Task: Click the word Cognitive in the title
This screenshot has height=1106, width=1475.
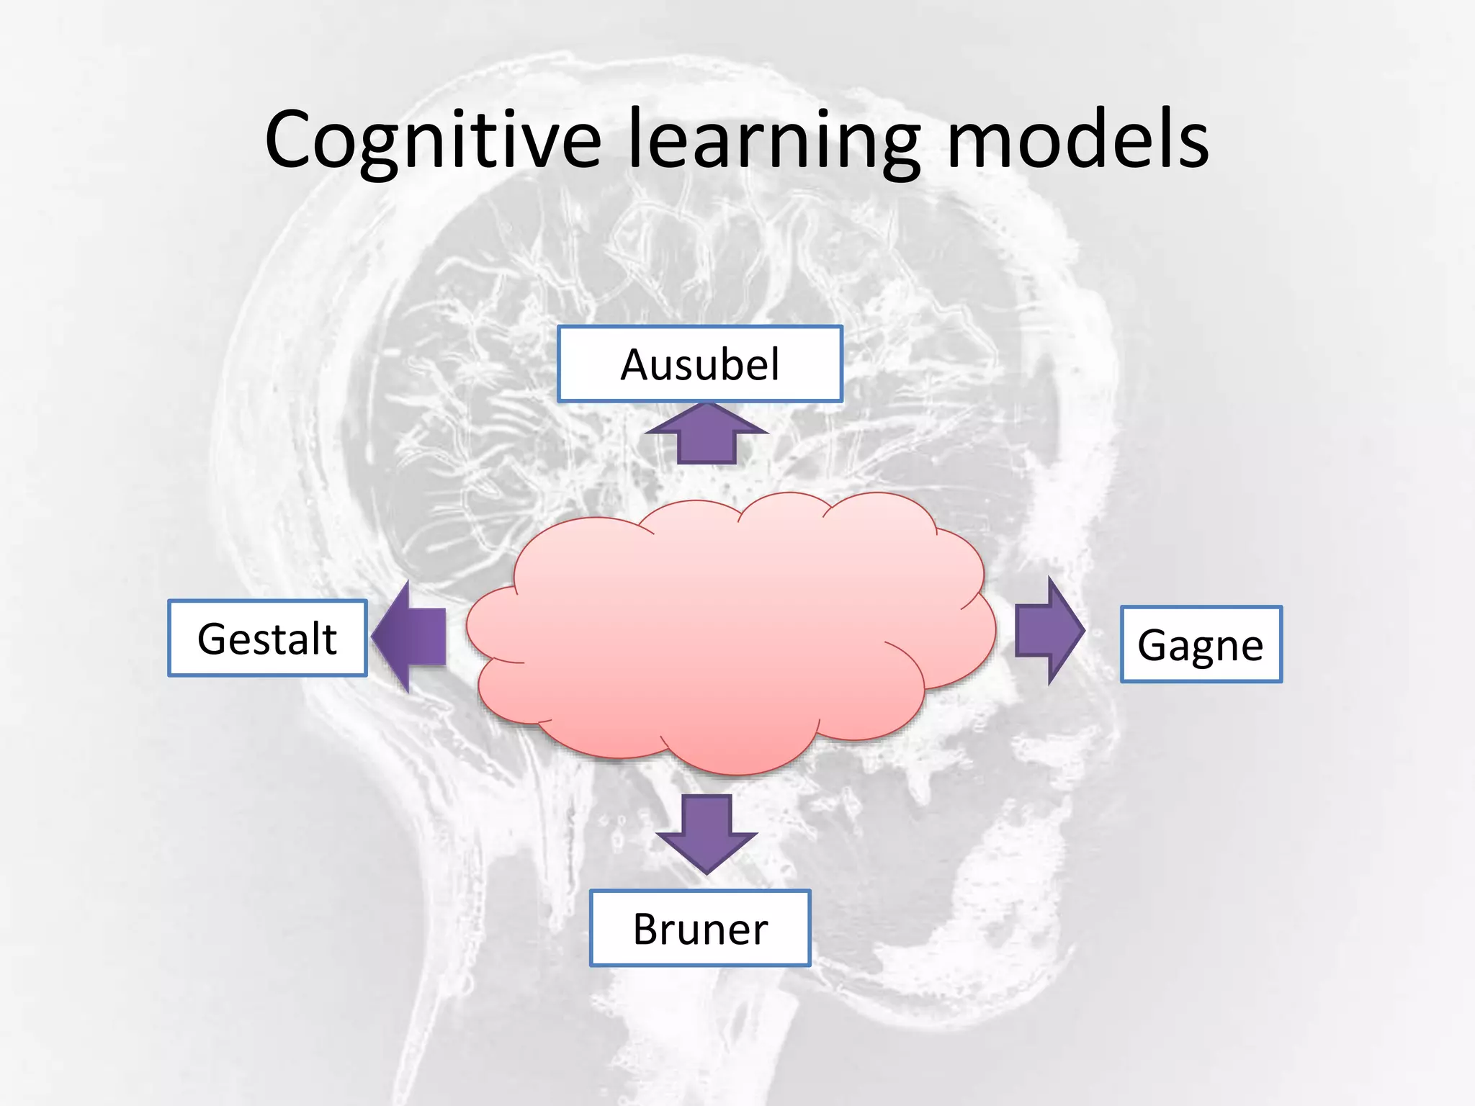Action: point(432,140)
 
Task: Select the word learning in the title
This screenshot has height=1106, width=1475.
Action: point(774,140)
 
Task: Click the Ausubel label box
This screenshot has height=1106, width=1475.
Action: point(699,364)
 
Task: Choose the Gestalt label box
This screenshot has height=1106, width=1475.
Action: point(267,639)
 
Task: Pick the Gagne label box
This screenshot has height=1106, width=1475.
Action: point(1201,644)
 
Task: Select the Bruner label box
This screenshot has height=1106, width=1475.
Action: point(700,928)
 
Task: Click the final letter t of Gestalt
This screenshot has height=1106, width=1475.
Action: point(330,639)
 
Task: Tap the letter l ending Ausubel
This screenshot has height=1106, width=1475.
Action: point(775,363)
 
